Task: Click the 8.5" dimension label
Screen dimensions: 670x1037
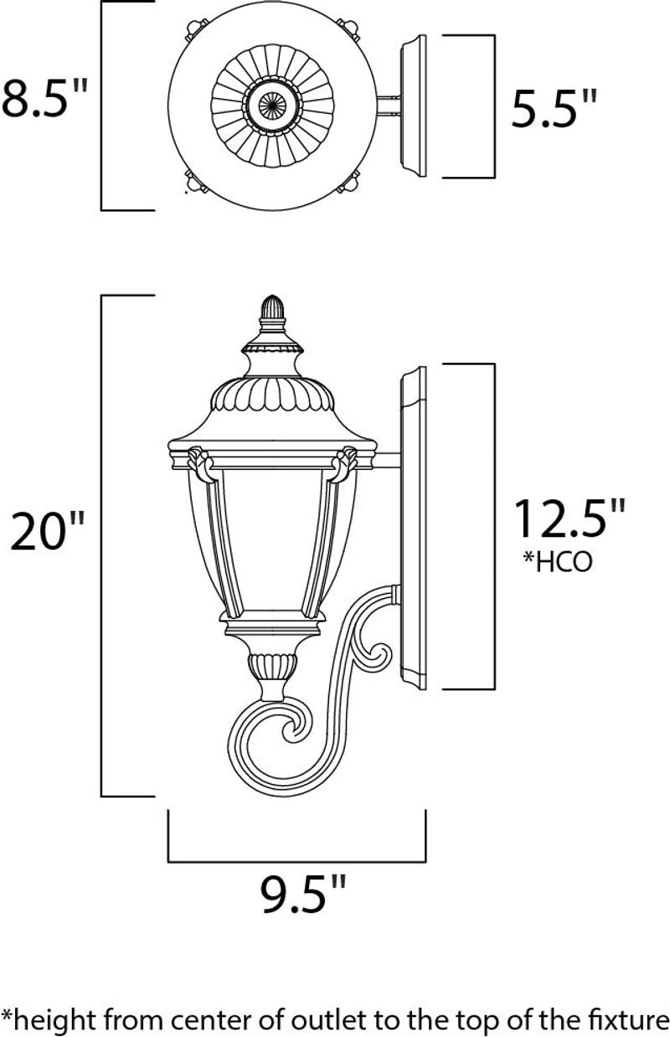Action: (44, 98)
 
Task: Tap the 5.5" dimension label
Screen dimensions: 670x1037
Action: (554, 108)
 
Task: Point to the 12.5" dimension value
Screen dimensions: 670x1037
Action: (570, 518)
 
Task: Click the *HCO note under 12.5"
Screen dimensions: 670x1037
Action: (557, 562)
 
